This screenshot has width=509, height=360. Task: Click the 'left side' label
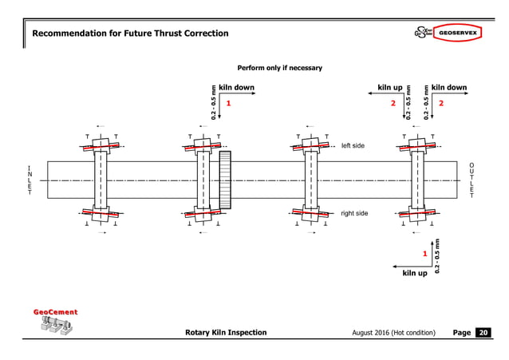[x=352, y=145]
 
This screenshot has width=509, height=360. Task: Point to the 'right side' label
[x=354, y=213]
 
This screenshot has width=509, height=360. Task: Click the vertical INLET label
[x=29, y=182]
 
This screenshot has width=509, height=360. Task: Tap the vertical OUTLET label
[x=472, y=180]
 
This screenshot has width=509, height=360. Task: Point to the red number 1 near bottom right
[x=425, y=255]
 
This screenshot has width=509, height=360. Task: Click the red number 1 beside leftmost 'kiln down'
[x=228, y=104]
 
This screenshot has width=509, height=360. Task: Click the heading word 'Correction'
[x=199, y=33]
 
